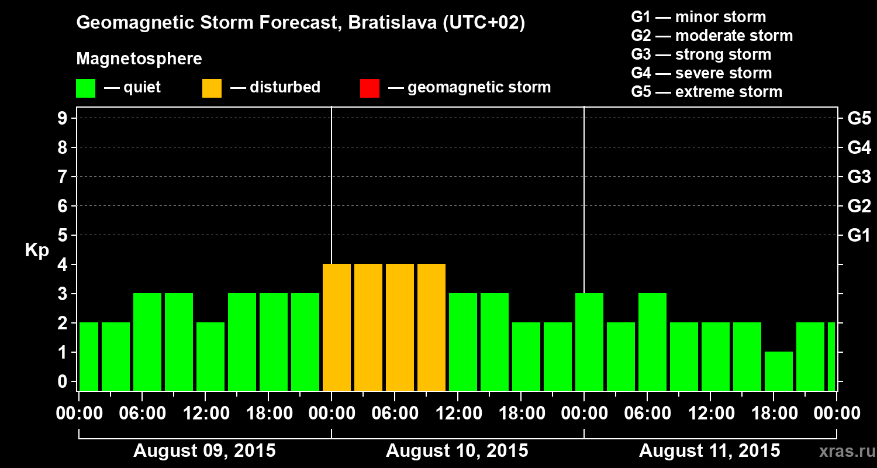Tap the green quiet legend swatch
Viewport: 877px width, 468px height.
85,88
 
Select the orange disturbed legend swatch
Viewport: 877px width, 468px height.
212,88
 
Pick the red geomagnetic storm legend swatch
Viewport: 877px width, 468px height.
370,88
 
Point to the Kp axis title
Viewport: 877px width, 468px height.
37,250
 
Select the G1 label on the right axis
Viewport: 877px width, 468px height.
859,235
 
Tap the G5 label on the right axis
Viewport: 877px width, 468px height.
859,118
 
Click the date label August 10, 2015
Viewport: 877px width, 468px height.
457,451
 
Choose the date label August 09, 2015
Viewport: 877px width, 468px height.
205,451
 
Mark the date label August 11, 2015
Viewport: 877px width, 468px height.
709,451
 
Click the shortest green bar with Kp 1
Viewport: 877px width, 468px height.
779,371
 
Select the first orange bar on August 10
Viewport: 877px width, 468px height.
337,327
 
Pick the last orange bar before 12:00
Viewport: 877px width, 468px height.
431,327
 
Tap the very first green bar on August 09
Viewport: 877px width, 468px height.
88,356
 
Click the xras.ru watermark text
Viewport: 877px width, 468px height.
843,451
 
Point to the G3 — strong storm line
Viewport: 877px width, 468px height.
701,54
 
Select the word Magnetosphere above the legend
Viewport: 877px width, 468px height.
139,59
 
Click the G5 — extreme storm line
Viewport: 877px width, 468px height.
706,92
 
